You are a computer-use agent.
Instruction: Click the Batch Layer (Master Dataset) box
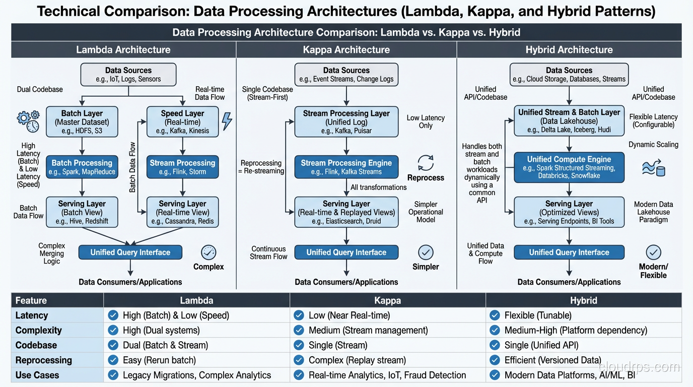82,121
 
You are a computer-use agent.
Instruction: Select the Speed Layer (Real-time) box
182,121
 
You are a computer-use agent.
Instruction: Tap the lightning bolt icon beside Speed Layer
227,121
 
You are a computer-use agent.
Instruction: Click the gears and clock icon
28,121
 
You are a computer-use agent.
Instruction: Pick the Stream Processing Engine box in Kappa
346,167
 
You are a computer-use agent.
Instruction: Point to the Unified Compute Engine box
569,168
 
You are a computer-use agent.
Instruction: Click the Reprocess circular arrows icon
426,163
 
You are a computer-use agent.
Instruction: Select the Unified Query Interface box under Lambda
130,252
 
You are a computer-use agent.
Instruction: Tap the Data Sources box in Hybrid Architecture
569,75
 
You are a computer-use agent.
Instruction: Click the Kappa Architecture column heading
346,49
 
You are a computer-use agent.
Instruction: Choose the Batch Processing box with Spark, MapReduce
82,167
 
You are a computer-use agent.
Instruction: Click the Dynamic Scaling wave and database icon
653,168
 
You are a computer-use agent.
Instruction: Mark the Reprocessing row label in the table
43,360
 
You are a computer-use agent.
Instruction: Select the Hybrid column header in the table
583,300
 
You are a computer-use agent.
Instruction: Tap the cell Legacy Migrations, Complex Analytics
196,375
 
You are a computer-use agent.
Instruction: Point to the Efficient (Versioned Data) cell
552,360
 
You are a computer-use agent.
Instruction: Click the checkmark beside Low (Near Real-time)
299,315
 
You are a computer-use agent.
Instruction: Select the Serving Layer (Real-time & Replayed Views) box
346,212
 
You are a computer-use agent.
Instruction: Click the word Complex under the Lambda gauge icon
209,267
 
